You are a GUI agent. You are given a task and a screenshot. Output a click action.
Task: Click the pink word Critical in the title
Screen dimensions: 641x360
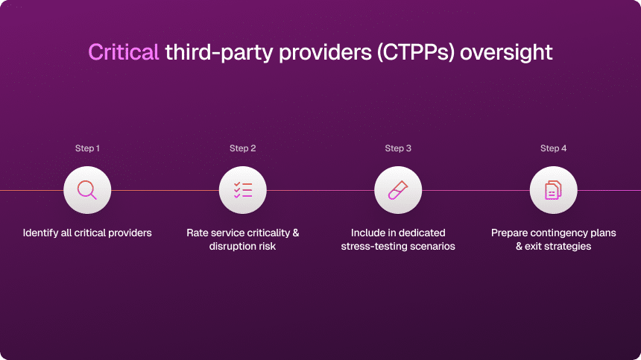click(x=124, y=52)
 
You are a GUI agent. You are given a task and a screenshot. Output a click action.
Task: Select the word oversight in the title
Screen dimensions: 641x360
click(x=506, y=53)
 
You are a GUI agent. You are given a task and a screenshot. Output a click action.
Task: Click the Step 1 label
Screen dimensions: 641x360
click(x=87, y=148)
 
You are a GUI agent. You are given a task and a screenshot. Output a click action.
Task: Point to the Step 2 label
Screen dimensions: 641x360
click(x=242, y=148)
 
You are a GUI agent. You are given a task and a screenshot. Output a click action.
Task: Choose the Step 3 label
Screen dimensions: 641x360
click(x=398, y=148)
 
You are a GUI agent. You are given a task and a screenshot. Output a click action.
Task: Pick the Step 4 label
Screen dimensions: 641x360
click(x=553, y=148)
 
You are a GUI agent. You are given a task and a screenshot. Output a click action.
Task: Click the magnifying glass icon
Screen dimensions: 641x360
click(x=87, y=190)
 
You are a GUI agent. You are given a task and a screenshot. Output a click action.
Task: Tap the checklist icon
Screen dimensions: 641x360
click(x=243, y=190)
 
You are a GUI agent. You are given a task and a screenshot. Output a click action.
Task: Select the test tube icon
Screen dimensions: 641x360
click(x=398, y=190)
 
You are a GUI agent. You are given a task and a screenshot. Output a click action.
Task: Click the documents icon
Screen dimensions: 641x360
click(x=553, y=190)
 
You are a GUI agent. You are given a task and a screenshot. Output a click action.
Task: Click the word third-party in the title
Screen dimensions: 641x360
click(x=218, y=53)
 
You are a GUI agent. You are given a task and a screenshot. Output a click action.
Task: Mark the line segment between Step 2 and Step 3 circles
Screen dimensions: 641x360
click(x=320, y=190)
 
